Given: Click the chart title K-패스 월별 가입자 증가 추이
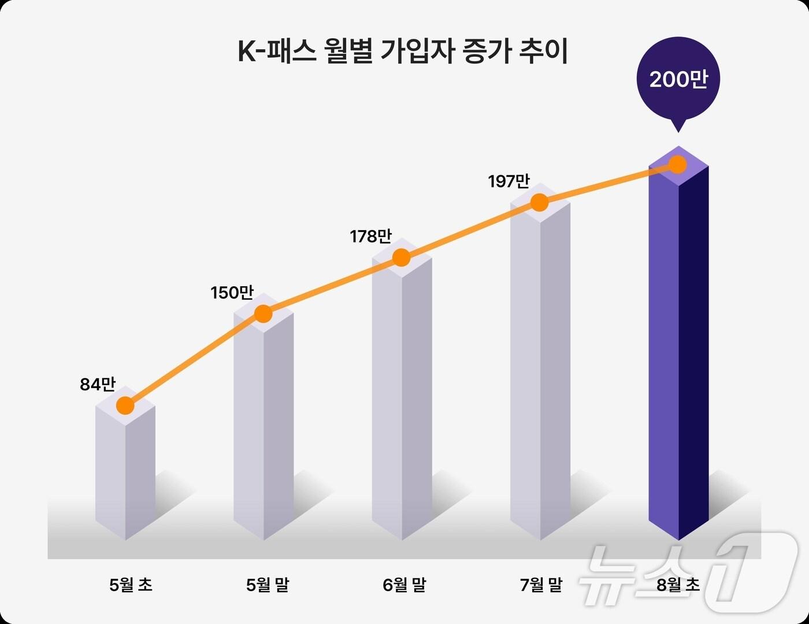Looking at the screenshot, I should (x=403, y=51).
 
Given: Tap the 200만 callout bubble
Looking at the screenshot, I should (x=678, y=80).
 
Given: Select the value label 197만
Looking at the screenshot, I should (x=509, y=182).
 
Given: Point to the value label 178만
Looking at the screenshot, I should (x=370, y=237).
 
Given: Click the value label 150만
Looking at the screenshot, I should (x=232, y=293).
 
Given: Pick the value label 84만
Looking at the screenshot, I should (x=98, y=384).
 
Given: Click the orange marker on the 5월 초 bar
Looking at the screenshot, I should (x=125, y=406).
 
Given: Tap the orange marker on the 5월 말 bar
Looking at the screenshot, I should (x=263, y=314).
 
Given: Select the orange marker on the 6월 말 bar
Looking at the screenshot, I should (x=401, y=258).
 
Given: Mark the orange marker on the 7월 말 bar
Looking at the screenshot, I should (x=539, y=203).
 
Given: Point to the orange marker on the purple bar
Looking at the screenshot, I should (x=678, y=165).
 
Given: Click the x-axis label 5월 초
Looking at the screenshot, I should (x=131, y=585).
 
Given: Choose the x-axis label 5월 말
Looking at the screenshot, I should (x=268, y=585).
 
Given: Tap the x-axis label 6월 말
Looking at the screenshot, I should (x=404, y=585).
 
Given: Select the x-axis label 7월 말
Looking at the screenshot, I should (x=541, y=585).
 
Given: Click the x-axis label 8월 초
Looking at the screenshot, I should (x=678, y=585).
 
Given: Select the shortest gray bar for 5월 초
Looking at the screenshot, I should (x=125, y=474).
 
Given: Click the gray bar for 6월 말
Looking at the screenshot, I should (x=402, y=405).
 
